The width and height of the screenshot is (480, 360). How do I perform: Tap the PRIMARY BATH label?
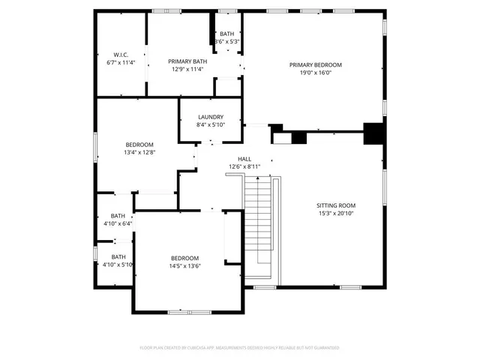pyautogui.click(x=187, y=61)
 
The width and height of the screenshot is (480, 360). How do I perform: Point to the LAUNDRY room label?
pyautogui.click(x=211, y=117)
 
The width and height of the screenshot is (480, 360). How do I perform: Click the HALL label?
pyautogui.click(x=244, y=159)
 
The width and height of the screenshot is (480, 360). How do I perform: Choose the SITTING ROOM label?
pyautogui.click(x=336, y=205)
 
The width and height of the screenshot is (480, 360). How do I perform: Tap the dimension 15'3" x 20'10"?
pyautogui.click(x=336, y=214)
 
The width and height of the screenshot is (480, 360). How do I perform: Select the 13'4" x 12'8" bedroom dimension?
pyautogui.click(x=139, y=152)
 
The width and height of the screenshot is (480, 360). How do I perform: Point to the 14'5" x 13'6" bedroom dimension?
pyautogui.click(x=184, y=265)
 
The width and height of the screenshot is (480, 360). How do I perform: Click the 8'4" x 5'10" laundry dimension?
pyautogui.click(x=211, y=125)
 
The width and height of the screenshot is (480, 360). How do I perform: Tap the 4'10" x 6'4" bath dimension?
pyautogui.click(x=118, y=223)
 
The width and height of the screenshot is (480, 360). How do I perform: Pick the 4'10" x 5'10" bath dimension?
pyautogui.click(x=118, y=264)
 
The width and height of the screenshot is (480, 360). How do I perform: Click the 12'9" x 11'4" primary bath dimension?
pyautogui.click(x=187, y=70)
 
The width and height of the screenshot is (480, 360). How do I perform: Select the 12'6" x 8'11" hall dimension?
pyautogui.click(x=244, y=167)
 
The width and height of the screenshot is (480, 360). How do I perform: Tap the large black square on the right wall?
pyautogui.click(x=373, y=133)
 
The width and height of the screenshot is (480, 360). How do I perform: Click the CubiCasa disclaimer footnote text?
pyautogui.click(x=240, y=348)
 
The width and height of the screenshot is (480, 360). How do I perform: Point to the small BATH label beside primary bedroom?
pyautogui.click(x=226, y=34)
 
